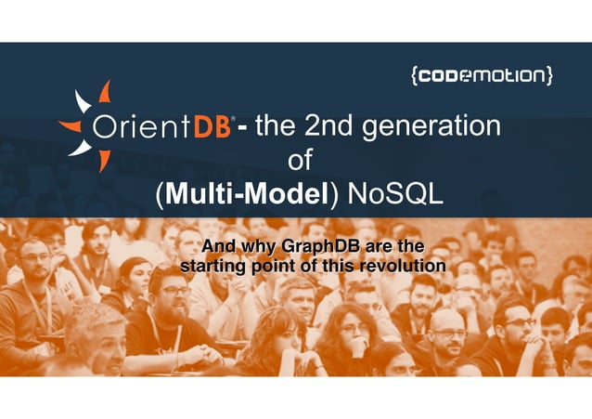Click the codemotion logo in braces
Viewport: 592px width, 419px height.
point(482,76)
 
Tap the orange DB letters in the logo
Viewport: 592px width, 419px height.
point(212,127)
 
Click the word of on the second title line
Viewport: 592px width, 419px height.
point(300,161)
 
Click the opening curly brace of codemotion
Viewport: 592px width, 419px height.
point(413,76)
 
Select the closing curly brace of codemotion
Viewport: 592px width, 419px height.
point(550,76)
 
